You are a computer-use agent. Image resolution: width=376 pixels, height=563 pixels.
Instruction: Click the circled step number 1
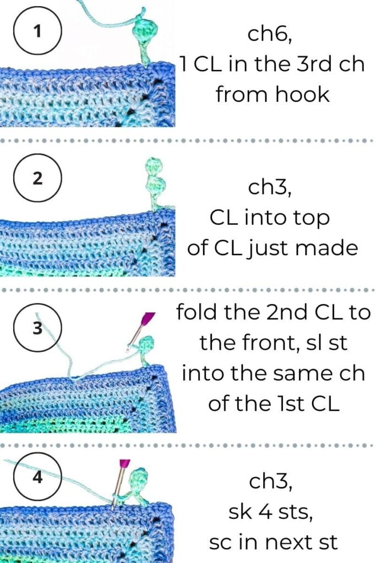tap(37, 31)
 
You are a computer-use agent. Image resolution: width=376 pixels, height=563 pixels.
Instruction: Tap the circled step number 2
tap(37, 179)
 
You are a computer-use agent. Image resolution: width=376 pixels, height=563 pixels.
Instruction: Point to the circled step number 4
tap(37, 477)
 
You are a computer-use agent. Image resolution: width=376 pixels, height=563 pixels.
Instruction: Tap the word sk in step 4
tap(242, 513)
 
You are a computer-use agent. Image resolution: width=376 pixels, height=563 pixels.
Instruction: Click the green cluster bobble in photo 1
tap(142, 34)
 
